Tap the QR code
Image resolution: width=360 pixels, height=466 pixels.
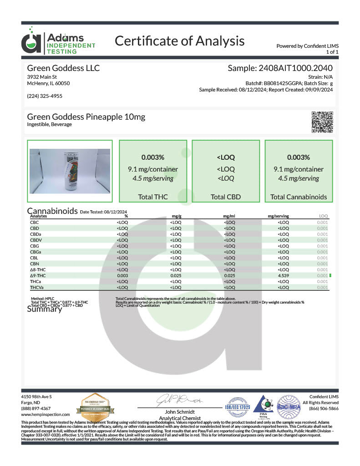pos(322,122)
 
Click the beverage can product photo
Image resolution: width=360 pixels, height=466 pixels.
pos(70,171)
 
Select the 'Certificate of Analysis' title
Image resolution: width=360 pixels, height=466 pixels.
pos(179,41)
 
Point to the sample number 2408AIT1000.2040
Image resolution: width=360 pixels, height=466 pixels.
pos(280,68)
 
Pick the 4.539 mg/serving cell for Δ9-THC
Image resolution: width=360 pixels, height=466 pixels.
pos(283,276)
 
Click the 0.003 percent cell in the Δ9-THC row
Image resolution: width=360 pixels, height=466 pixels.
pos(122,276)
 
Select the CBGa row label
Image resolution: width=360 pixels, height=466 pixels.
pos(36,252)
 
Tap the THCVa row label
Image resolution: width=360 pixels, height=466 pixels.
pos(37,288)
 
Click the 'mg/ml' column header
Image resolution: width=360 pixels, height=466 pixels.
pos(229,216)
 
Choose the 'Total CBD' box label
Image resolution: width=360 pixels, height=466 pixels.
pos(226,197)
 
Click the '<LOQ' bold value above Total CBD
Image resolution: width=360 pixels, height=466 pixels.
pos(226,157)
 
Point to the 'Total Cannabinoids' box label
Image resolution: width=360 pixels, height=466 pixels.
pos(299,197)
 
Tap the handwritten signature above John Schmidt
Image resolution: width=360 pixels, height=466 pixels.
pos(179,400)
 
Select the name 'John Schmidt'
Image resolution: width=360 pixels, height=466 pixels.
pos(180,412)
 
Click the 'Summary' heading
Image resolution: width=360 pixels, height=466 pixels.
pos(44,309)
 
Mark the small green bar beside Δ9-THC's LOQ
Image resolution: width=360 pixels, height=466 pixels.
pos(330,276)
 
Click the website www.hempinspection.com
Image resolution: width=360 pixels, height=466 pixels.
pos(46,415)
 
